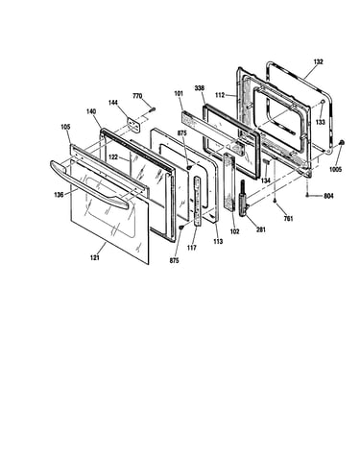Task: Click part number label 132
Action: tap(318, 61)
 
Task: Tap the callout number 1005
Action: tap(336, 169)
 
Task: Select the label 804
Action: tap(328, 196)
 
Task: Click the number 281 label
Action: tap(261, 229)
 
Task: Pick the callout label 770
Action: tap(137, 96)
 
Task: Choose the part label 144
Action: tap(113, 103)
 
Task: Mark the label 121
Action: tap(95, 258)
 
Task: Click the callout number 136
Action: tap(59, 194)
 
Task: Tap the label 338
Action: tap(200, 88)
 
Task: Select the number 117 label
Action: tap(192, 248)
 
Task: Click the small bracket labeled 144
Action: tap(133, 125)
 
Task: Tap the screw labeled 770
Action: tap(152, 110)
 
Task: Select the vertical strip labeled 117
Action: tap(198, 201)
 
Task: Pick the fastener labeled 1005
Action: tap(341, 143)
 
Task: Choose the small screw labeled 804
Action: tap(307, 195)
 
